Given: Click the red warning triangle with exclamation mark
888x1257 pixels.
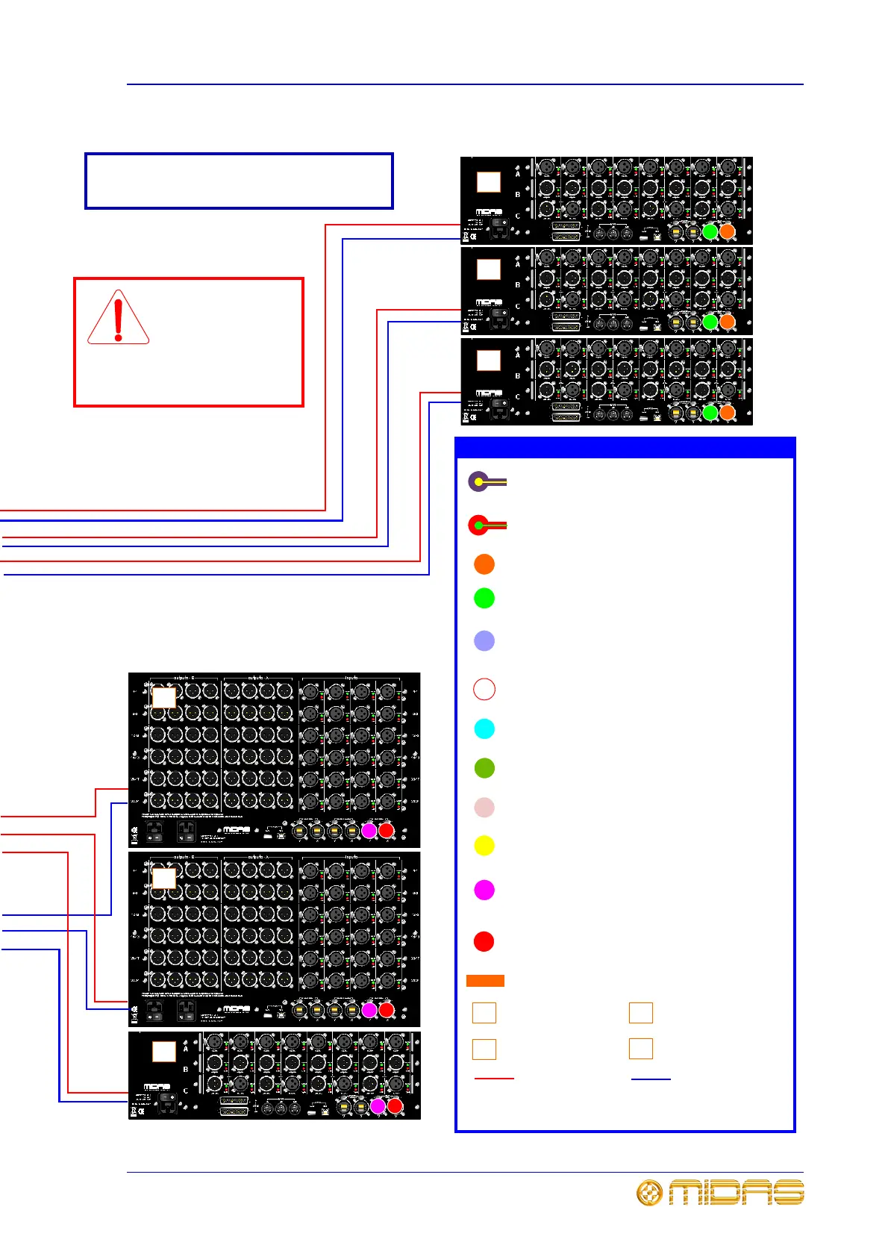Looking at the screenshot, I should click(x=118, y=318).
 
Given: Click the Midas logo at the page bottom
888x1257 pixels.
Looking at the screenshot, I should click(x=719, y=1192).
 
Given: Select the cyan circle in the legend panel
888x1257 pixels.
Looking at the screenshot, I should click(x=484, y=729).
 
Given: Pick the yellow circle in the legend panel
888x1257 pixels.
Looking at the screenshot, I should click(x=484, y=846).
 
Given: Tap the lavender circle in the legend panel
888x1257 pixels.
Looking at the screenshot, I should click(x=484, y=640).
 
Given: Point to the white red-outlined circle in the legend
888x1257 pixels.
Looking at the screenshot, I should click(x=484, y=688).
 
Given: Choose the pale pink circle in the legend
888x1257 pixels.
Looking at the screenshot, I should click(x=484, y=808).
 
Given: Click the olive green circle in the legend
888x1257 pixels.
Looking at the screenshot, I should click(x=484, y=768).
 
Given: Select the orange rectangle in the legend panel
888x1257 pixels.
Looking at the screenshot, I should click(x=485, y=981).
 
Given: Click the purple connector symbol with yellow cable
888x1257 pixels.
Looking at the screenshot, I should click(x=485, y=482).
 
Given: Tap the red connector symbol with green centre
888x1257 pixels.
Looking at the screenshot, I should click(x=485, y=525).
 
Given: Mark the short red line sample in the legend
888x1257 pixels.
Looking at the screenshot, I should click(x=494, y=1079).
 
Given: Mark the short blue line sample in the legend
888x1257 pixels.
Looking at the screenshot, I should click(x=651, y=1079).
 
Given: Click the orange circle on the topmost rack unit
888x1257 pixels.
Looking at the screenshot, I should click(x=727, y=231).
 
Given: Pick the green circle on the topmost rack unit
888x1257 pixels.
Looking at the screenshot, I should click(x=710, y=231).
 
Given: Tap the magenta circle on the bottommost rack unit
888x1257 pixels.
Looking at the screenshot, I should click(x=378, y=1106).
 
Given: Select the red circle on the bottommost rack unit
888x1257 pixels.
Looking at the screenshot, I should click(x=395, y=1106).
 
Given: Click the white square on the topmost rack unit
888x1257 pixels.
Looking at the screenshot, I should click(x=489, y=182).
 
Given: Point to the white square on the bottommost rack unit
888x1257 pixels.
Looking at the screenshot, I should click(x=164, y=1051).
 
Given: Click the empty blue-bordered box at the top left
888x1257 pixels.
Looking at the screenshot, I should click(x=239, y=181).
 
